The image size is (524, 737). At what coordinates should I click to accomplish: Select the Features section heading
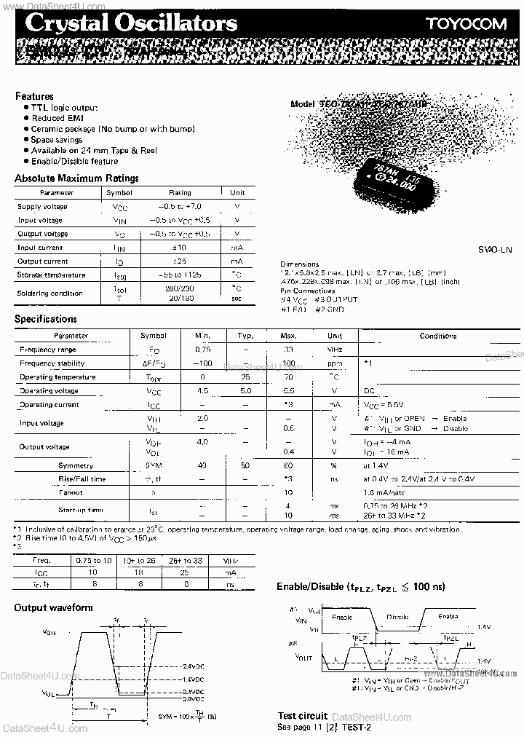[x=34, y=96]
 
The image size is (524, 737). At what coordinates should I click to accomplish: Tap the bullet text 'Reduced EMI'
[x=57, y=118]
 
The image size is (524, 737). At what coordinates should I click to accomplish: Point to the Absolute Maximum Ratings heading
[x=76, y=178]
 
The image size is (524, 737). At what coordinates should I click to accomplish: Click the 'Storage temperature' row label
[x=52, y=275]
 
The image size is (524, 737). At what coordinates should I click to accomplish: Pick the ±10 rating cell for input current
[x=180, y=248]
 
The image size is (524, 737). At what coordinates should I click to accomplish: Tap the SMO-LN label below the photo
[x=496, y=250]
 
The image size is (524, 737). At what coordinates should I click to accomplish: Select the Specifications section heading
[x=46, y=319]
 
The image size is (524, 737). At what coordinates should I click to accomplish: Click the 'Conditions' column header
[x=438, y=336]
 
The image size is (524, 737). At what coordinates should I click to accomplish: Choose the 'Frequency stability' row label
[x=57, y=363]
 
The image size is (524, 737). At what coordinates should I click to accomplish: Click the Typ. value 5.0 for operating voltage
[x=245, y=391]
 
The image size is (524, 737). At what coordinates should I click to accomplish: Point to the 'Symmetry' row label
[x=76, y=465]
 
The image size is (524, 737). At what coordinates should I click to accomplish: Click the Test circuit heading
[x=303, y=716]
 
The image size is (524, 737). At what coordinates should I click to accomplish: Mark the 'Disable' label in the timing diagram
[x=397, y=616]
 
